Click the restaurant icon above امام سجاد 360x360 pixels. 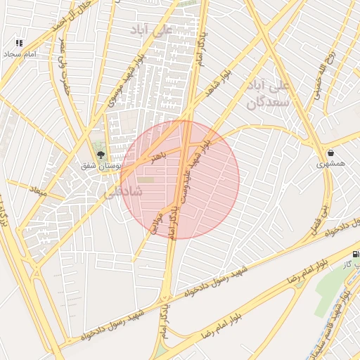click(x=19, y=43)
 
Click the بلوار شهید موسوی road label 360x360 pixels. click(x=124, y=81)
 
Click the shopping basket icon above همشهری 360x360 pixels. click(x=330, y=153)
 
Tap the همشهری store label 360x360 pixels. click(x=330, y=163)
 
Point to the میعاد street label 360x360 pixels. click(x=37, y=191)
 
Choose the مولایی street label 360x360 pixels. click(x=156, y=221)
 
